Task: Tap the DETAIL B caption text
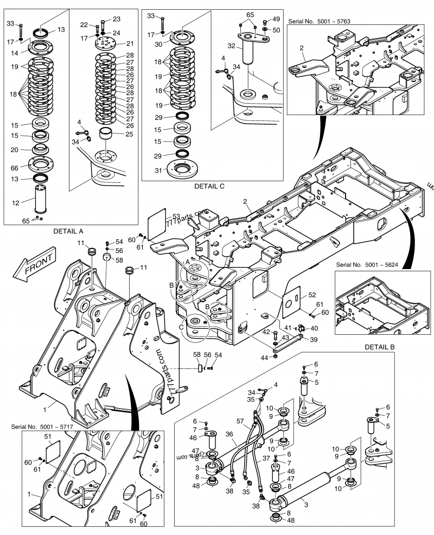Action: [x=382, y=346]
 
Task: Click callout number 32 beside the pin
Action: [x=231, y=47]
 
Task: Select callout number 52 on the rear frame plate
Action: [x=312, y=295]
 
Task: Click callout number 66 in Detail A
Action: [x=15, y=167]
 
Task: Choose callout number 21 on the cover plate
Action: [x=130, y=43]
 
